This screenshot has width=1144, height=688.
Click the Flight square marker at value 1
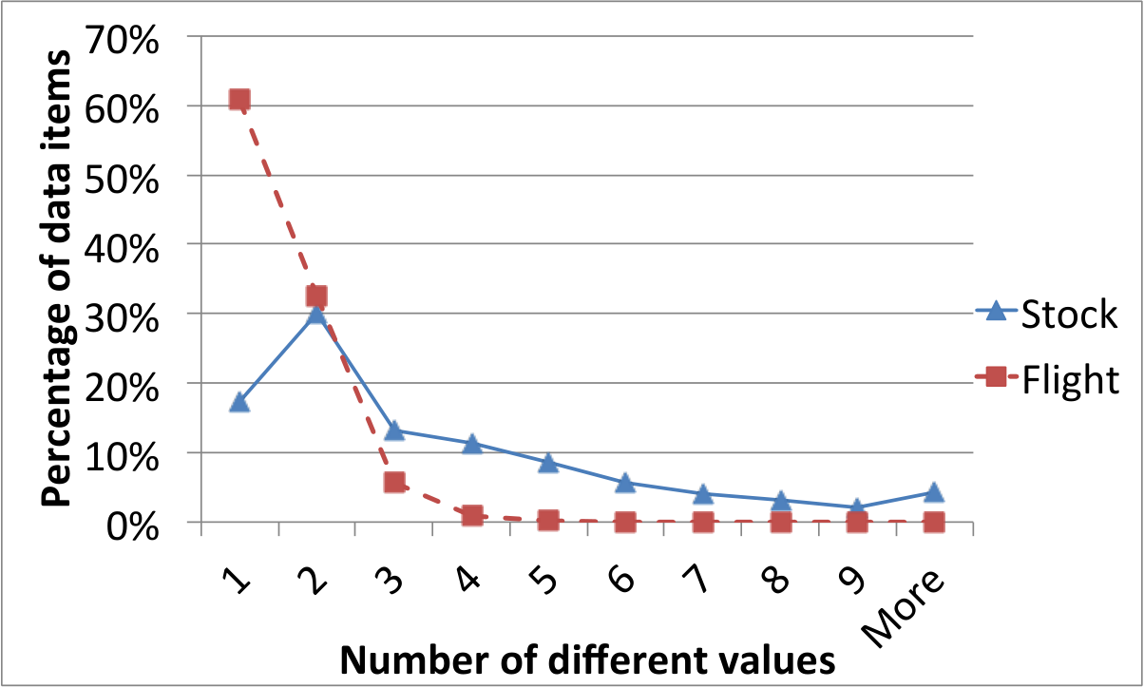pos(239,99)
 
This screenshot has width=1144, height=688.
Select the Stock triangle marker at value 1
pos(239,403)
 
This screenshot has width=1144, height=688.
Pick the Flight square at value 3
pos(394,482)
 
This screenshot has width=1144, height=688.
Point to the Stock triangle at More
pos(934,491)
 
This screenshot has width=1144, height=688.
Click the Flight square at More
pos(934,523)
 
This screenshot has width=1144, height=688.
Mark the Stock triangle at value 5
pos(548,463)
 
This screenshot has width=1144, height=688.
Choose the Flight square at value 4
pos(472,516)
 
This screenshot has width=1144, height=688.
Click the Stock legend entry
pos(1047,314)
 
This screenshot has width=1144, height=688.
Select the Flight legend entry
pos(1047,379)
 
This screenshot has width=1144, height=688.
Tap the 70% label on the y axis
pos(122,40)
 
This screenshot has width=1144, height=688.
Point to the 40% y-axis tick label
pos(122,249)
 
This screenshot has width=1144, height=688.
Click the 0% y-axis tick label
pos(132,527)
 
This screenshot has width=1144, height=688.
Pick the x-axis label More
pos(903,608)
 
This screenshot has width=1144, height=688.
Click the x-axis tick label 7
pos(696,580)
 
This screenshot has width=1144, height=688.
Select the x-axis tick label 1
pos(236,581)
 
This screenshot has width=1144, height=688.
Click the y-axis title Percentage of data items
pos(56,278)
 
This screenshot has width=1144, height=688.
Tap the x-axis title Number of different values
pos(587,659)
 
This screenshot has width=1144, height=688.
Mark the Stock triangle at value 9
pos(856,506)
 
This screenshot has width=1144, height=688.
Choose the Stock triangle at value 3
pos(394,430)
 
